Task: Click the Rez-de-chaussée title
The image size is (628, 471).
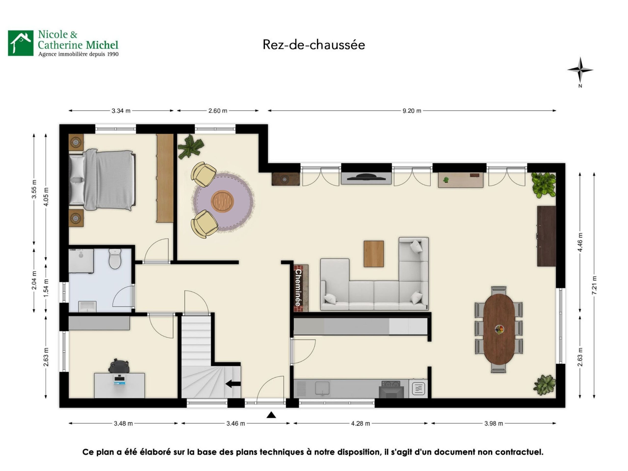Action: pyautogui.click(x=314, y=45)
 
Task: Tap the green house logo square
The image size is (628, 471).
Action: pyautogui.click(x=20, y=43)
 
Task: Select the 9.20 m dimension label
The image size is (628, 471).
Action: pyautogui.click(x=412, y=111)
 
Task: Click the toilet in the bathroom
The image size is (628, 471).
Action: pyautogui.click(x=115, y=258)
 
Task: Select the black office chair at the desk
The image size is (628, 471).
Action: pyautogui.click(x=119, y=366)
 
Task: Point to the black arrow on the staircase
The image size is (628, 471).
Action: pyautogui.click(x=233, y=384)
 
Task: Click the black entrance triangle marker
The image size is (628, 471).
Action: pyautogui.click(x=271, y=415)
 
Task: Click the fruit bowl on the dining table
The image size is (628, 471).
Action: pyautogui.click(x=499, y=329)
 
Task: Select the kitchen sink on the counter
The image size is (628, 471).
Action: pyautogui.click(x=322, y=388)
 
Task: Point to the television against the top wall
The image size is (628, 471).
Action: pyautogui.click(x=366, y=177)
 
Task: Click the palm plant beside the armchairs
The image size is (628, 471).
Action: pyautogui.click(x=190, y=146)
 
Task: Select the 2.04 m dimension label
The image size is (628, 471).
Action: pyautogui.click(x=34, y=280)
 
